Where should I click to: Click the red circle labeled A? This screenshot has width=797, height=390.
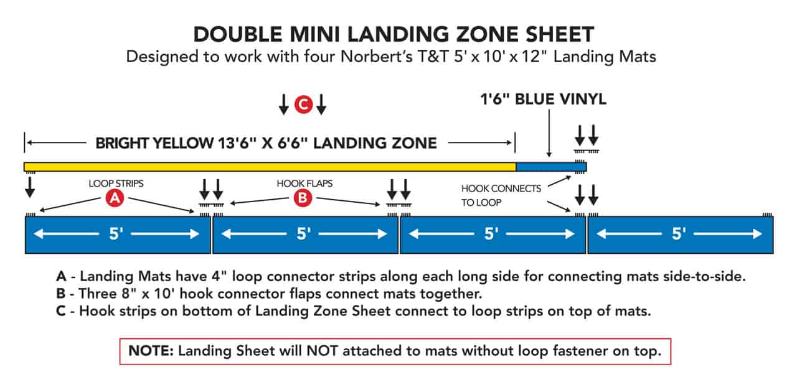pyautogui.click(x=115, y=198)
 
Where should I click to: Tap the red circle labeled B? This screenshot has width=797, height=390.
pyautogui.click(x=303, y=198)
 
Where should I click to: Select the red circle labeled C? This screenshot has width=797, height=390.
pyautogui.click(x=303, y=104)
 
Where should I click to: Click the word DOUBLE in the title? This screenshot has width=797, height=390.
pyautogui.click(x=238, y=34)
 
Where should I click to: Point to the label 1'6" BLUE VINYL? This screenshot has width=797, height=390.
pyautogui.click(x=544, y=99)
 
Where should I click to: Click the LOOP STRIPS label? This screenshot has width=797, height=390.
pyautogui.click(x=116, y=183)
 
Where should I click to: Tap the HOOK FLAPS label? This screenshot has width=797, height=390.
pyautogui.click(x=304, y=183)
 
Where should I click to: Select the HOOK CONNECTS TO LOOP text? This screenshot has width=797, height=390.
pyautogui.click(x=501, y=195)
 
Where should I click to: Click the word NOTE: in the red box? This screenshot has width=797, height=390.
pyautogui.click(x=151, y=351)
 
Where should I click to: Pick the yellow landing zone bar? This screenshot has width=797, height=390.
pyautogui.click(x=270, y=167)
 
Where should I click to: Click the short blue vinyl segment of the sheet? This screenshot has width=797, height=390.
pyautogui.click(x=551, y=167)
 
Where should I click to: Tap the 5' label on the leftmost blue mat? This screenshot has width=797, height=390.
pyautogui.click(x=116, y=234)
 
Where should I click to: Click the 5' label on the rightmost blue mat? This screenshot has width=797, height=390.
pyautogui.click(x=679, y=234)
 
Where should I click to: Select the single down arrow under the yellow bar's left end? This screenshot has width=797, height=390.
pyautogui.click(x=30, y=187)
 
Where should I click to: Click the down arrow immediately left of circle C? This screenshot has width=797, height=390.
pyautogui.click(x=283, y=104)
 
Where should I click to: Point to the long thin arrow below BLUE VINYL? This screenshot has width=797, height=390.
pyautogui.click(x=549, y=133)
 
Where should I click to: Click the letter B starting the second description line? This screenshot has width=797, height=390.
pyautogui.click(x=61, y=294)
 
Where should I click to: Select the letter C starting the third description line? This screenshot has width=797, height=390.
pyautogui.click(x=61, y=311)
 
